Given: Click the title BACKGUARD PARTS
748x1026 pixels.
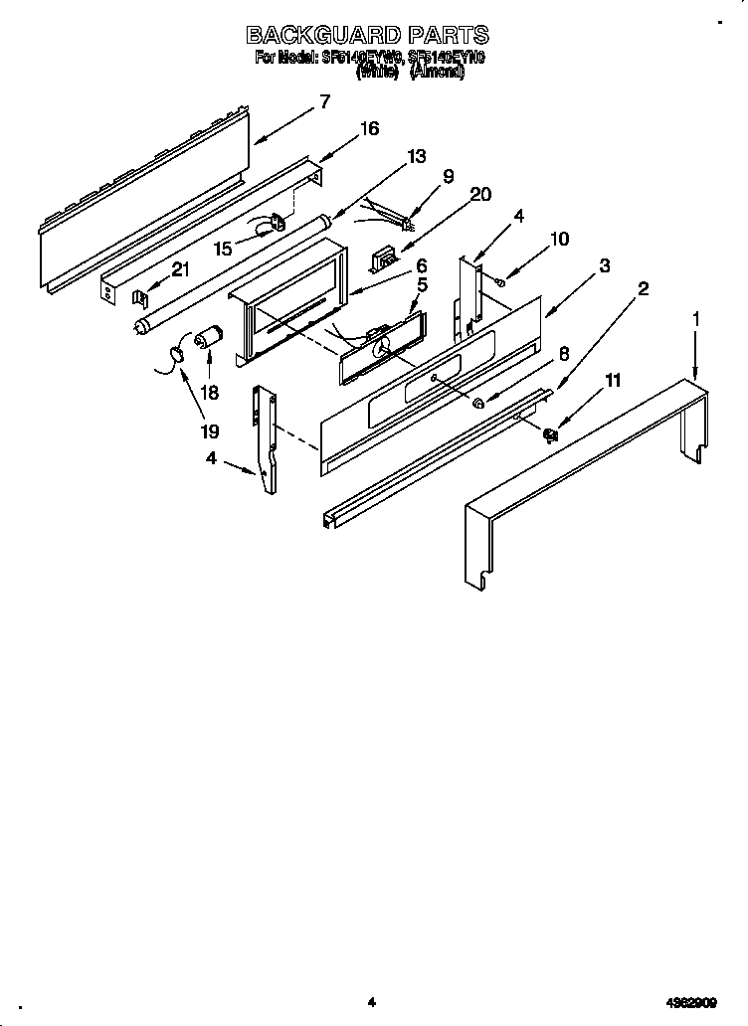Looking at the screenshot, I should click(x=369, y=37).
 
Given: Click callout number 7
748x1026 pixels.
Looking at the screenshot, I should click(x=324, y=100).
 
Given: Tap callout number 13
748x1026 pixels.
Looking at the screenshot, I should click(x=416, y=156).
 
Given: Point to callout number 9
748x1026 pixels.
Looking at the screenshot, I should click(x=448, y=176).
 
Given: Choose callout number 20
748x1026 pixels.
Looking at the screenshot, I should click(x=479, y=194).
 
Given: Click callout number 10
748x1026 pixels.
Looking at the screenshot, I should click(x=560, y=239).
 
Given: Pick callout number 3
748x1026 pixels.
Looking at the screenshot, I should click(x=604, y=265).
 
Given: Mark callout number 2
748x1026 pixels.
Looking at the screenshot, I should click(x=644, y=289).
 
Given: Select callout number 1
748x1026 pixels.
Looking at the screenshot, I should click(x=696, y=319).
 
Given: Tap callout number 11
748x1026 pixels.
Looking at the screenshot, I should click(x=613, y=380).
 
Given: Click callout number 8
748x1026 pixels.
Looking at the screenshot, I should click(x=563, y=352).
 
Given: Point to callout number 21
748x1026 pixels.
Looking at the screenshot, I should click(x=179, y=268).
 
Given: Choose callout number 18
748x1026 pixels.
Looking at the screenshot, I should click(x=210, y=393).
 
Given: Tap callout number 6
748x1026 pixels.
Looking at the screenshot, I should click(x=422, y=265).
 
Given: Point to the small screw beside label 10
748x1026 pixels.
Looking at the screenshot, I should click(x=499, y=282).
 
